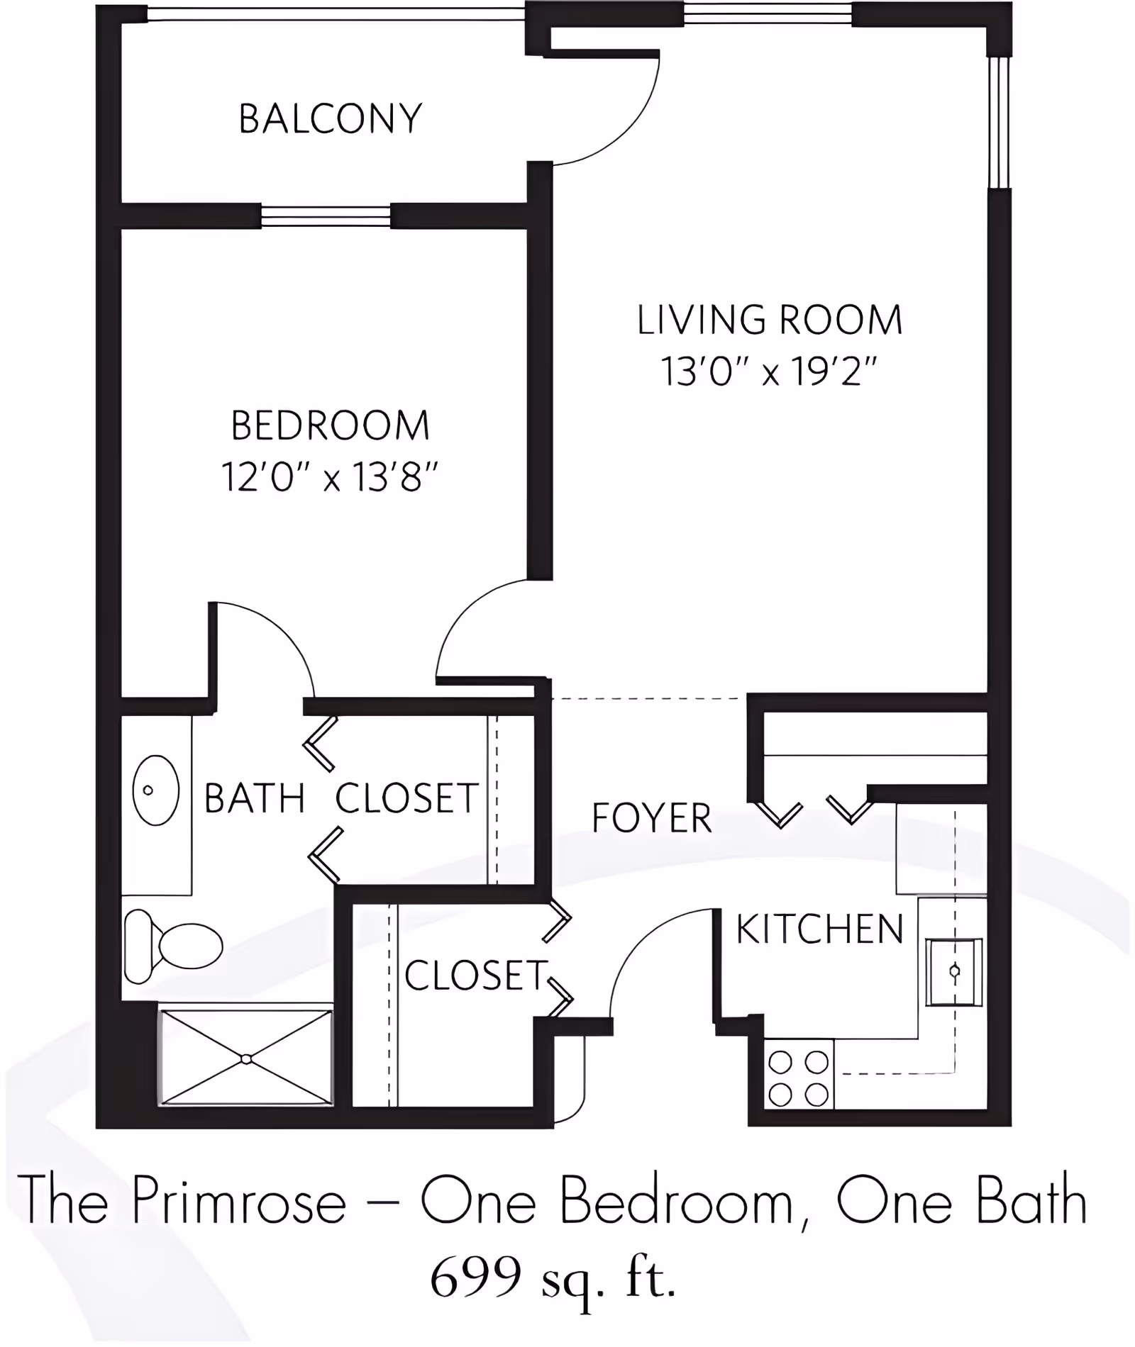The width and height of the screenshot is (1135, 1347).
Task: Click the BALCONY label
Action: point(330,118)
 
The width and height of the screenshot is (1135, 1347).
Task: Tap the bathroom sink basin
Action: point(155,790)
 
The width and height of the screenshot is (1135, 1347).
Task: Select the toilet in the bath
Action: point(174,945)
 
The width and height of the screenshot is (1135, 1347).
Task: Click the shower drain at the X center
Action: point(245,1059)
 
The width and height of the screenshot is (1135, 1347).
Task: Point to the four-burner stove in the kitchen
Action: point(799,1078)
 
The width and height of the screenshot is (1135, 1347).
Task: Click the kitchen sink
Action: point(954,971)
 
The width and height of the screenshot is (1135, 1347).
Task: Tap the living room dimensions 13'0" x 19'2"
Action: point(770,371)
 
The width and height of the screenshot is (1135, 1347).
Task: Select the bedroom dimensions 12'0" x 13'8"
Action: point(330,476)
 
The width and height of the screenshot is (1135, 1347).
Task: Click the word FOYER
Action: point(651,818)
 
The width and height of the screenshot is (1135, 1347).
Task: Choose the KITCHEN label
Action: point(819,929)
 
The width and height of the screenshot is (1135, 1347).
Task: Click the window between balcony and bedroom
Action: point(326,216)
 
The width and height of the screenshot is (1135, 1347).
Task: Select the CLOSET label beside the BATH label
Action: point(406,799)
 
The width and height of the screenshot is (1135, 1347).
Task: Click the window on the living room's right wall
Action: point(999,122)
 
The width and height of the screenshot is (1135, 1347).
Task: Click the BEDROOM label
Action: point(330,425)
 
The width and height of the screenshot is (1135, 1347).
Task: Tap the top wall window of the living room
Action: point(767,13)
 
